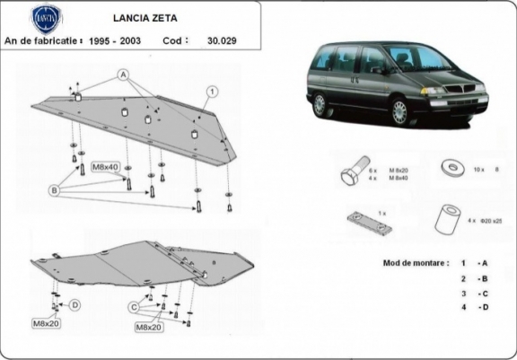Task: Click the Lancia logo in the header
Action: [47, 17]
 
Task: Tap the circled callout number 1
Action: [213, 91]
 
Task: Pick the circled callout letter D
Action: [75, 305]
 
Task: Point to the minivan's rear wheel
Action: [320, 105]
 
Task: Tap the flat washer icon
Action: [448, 167]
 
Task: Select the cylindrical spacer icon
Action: [447, 220]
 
